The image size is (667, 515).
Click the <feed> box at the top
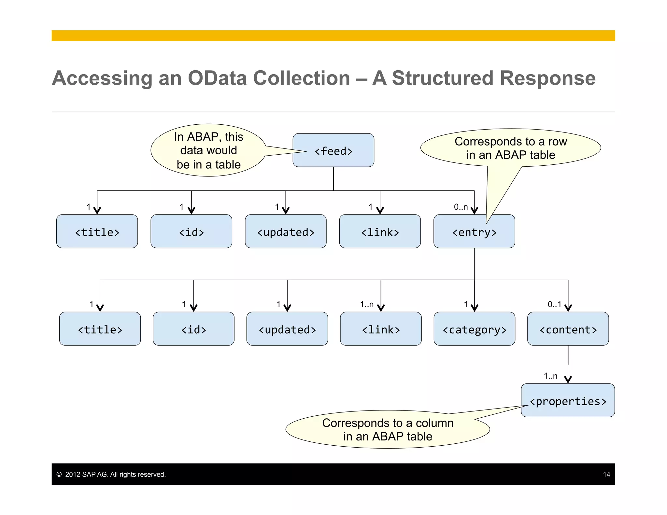333,150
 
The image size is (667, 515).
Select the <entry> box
474,232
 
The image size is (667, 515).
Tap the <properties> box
568,401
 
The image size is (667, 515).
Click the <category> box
474,329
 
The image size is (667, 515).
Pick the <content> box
568,329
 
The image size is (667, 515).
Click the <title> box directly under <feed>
97,232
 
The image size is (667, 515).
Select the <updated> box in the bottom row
287,329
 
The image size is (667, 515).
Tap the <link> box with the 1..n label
380,329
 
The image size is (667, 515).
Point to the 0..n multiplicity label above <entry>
461,207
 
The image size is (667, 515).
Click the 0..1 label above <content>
554,304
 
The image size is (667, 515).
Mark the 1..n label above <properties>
550,376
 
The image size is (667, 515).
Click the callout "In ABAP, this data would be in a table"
208,150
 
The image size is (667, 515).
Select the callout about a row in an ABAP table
510,148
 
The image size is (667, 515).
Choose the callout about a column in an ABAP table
388,429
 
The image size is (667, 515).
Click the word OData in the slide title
217,78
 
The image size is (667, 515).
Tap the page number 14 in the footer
606,474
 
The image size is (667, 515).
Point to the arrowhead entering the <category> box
474,308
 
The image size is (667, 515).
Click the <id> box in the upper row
191,232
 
